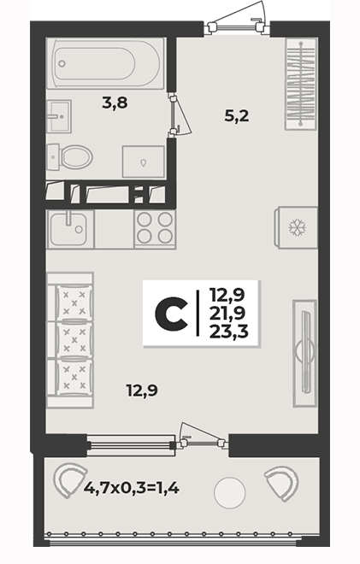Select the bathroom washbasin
59,116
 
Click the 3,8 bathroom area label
115,103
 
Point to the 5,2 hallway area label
237,116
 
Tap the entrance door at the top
237,19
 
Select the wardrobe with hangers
301,84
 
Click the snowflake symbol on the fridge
297,228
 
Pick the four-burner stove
155,229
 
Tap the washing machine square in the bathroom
144,162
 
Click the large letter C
171,314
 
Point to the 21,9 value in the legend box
227,314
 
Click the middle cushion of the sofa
74,339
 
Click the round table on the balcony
230,492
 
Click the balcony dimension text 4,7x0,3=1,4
132,488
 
